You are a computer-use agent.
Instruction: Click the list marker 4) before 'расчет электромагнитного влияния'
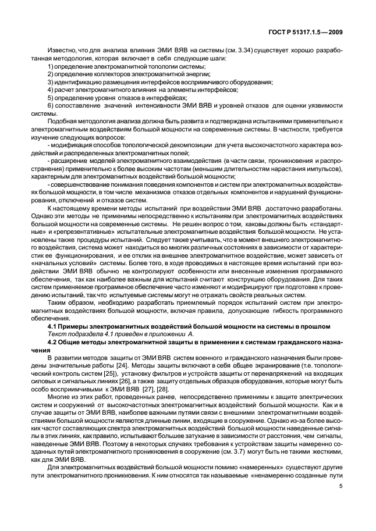pyautogui.click(x=50, y=90)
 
